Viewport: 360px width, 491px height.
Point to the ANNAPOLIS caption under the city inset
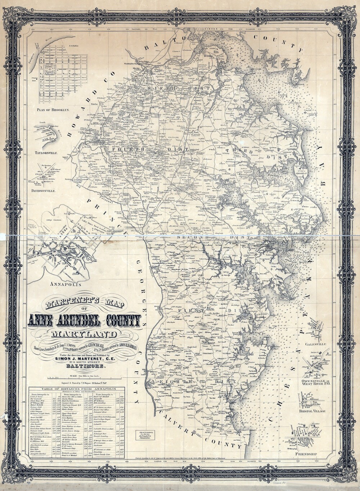[x=67, y=284]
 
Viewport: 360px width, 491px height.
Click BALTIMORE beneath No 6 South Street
[x=85, y=367]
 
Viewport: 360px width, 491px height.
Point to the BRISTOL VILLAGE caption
[x=313, y=411]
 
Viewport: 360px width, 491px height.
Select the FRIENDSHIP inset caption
[x=306, y=454]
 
